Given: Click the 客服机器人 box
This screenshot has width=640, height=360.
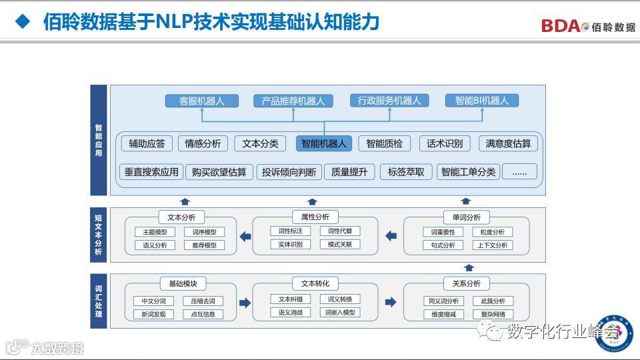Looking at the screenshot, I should pos(201,101).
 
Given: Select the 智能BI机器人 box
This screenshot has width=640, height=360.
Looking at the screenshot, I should pos(482,101).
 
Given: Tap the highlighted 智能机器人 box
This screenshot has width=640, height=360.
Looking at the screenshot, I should pos(324,143).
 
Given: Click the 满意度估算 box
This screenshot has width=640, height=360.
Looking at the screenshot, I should pos(509,143).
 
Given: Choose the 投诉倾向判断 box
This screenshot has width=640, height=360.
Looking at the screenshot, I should pos(289,171).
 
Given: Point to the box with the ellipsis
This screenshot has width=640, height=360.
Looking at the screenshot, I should pos(519,171).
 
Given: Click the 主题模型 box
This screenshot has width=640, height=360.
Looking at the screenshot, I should pos(155,232).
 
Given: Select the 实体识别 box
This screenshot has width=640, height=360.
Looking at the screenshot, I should pos(291,244).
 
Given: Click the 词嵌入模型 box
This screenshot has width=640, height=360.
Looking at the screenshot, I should pos(340,312).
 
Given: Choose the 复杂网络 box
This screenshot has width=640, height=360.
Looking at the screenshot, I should pos(493,314).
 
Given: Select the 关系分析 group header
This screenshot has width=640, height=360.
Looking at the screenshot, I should pos(466,283).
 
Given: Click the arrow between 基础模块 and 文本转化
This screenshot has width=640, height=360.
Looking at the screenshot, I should pos(245,303).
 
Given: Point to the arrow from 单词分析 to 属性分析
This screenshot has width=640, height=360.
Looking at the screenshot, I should pos(391,235).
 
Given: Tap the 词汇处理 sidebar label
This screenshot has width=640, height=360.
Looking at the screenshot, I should pos(99,300).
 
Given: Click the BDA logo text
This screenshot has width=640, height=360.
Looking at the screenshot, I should pos(560,26).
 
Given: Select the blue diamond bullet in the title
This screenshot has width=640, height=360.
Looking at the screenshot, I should pos(23,22).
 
